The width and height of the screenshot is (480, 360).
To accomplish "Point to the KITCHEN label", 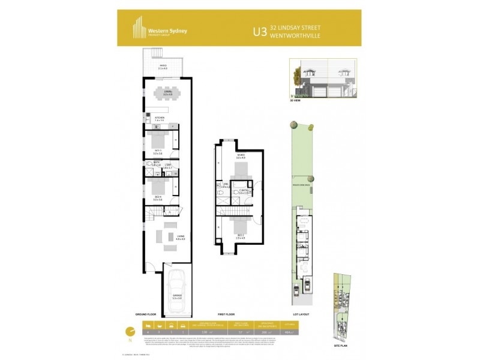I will point(160,118).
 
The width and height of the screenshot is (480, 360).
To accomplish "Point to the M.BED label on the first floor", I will point(240,157).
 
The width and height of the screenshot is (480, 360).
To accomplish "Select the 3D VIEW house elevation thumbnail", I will point(323,80).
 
